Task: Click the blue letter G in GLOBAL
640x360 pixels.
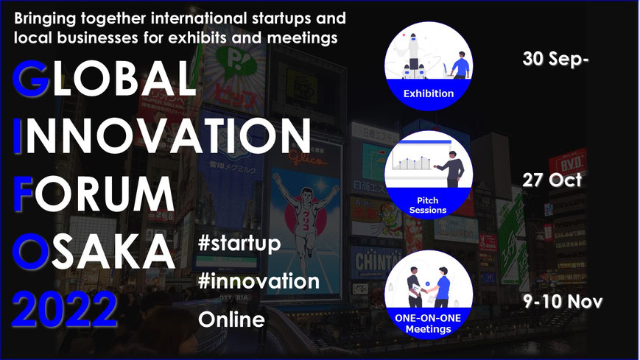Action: click(31, 78)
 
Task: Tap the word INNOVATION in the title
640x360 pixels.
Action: click(162, 136)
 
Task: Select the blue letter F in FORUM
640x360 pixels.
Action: click(24, 194)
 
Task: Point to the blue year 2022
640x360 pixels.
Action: click(65, 309)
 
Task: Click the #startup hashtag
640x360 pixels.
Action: click(239, 244)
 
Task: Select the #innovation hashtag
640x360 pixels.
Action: click(259, 281)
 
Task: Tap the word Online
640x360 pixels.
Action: click(231, 320)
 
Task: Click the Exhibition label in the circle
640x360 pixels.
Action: click(429, 93)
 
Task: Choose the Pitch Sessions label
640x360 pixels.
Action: click(428, 205)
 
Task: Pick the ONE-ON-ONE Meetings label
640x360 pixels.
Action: click(428, 324)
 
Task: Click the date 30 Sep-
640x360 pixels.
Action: click(555, 59)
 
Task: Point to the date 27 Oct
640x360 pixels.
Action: click(552, 180)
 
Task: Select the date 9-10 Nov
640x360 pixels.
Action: click(563, 302)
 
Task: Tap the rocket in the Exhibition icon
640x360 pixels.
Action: click(413, 55)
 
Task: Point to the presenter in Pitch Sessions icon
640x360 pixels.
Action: click(451, 169)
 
